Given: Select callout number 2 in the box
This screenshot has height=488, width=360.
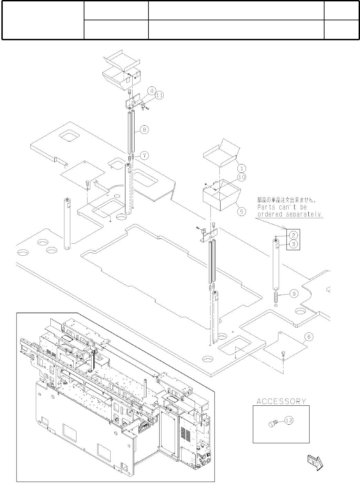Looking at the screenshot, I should tap(293, 235).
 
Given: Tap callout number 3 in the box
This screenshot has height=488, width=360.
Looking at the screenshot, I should tap(293, 244).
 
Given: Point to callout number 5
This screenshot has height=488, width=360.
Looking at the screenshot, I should tap(242, 211).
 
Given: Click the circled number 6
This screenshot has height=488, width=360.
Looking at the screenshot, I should tap(309, 337).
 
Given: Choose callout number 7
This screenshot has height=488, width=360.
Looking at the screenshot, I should tap(144, 156).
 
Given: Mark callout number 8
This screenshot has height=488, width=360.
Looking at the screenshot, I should tap(144, 130).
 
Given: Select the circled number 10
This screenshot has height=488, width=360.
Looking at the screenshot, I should tap(242, 177).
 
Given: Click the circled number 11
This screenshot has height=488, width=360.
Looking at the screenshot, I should tap(159, 96).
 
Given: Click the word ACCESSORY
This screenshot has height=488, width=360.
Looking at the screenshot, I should tap(281, 401).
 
